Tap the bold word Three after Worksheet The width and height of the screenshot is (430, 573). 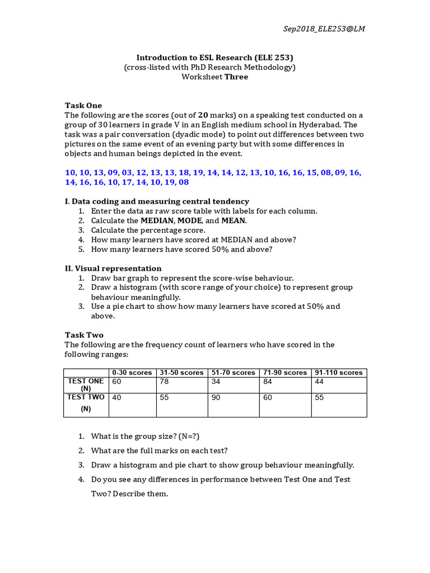[x=236, y=77]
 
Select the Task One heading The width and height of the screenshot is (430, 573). [x=83, y=105]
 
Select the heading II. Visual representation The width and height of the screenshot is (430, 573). [x=113, y=269]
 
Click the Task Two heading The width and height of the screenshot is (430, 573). [x=84, y=335]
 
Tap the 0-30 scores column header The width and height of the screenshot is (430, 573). [x=132, y=373]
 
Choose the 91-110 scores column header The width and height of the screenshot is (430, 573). [x=338, y=373]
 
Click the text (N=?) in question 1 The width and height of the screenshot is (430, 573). [x=177, y=436]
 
